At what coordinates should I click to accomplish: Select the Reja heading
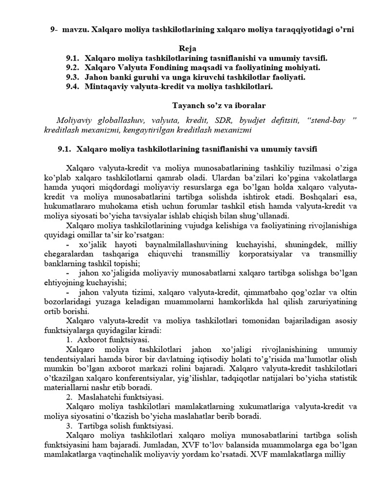pos(187,49)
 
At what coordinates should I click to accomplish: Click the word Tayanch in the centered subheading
pos(188,105)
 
